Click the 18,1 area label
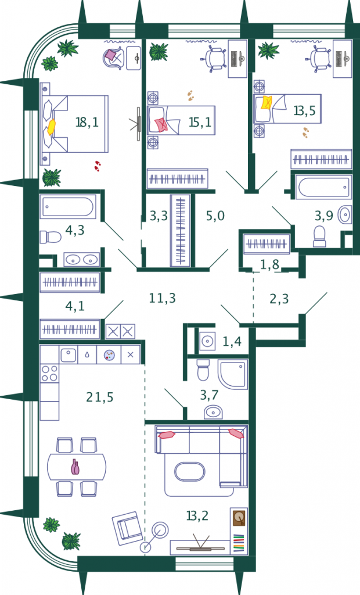click(87, 122)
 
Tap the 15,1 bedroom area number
click(200, 122)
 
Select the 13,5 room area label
click(304, 110)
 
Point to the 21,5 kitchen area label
click(99, 397)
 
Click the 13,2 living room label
click(197, 516)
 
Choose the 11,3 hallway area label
click(162, 298)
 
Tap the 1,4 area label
click(232, 342)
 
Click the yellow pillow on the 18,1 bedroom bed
click(51, 127)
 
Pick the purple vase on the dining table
click(76, 467)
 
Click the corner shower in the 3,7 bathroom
click(232, 374)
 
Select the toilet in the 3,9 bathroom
click(319, 236)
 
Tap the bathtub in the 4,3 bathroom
click(68, 207)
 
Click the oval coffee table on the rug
click(190, 472)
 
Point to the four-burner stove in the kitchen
click(49, 373)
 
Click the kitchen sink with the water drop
click(87, 355)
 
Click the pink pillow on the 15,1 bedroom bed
click(160, 125)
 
